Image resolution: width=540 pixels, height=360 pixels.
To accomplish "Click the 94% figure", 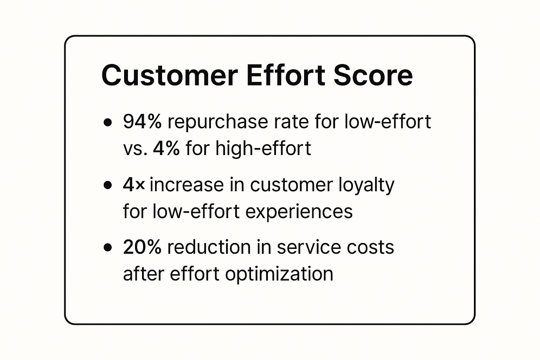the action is tap(142, 122).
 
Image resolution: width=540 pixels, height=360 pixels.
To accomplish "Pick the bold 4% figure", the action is tap(166, 148).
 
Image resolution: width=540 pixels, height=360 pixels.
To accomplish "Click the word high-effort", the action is tap(263, 148).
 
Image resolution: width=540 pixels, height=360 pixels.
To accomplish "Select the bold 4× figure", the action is tap(134, 185).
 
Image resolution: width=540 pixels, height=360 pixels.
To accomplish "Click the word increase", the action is tap(187, 185).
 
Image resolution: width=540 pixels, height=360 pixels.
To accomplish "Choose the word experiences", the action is tap(299, 212).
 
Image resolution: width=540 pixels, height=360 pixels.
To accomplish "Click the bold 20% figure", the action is tap(142, 247).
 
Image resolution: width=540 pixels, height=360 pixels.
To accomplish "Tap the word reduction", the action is tap(209, 247).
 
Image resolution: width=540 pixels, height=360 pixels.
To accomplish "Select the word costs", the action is tap(370, 248).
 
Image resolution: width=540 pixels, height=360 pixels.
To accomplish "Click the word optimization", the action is tap(279, 274).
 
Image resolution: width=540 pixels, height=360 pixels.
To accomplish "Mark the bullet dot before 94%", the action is tap(108, 122).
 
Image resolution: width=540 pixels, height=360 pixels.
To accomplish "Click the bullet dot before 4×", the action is tap(108, 185).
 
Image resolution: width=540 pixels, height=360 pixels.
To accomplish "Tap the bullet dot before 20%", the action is tap(108, 247).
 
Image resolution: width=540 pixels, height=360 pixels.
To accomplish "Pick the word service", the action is tap(309, 247).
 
